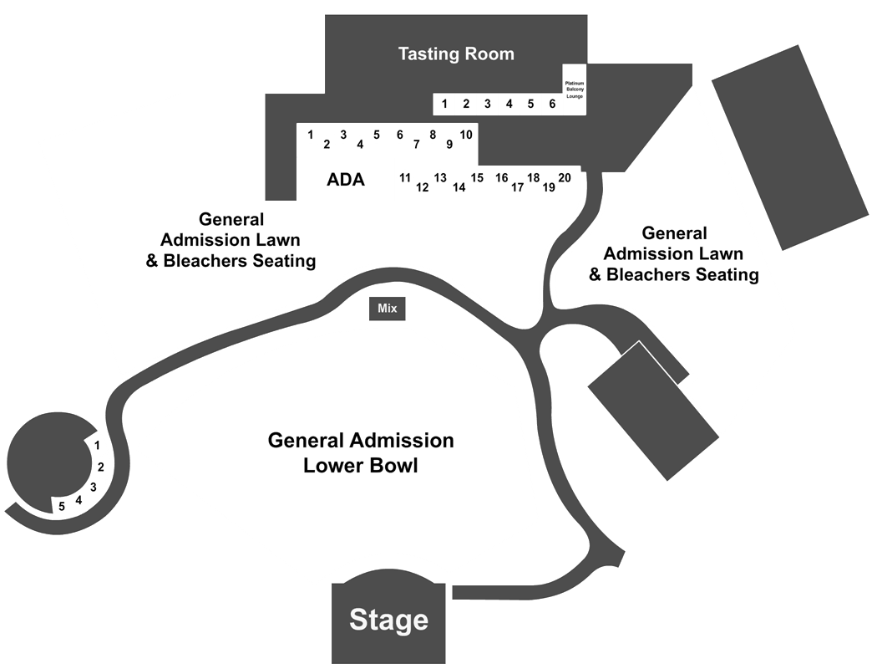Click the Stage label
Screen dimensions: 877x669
(388, 620)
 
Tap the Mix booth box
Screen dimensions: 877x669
(387, 309)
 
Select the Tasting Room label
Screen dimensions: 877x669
(456, 54)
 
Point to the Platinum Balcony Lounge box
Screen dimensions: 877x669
(575, 89)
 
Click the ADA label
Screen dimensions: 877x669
(346, 180)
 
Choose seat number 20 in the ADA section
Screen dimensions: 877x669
(565, 177)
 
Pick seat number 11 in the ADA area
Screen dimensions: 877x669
(405, 177)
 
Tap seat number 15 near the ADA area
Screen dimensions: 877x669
(477, 177)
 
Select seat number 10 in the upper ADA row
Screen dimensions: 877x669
(466, 135)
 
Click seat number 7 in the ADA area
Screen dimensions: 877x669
(416, 145)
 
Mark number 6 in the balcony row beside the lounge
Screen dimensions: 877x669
(552, 104)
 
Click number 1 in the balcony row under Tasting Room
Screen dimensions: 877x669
(444, 104)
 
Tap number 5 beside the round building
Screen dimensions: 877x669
(62, 507)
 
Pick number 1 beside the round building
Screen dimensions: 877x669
(98, 446)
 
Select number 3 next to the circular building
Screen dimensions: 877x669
(94, 487)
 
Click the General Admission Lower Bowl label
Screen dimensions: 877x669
(361, 453)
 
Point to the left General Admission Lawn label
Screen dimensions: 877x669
(231, 240)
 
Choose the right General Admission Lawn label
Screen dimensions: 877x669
(673, 253)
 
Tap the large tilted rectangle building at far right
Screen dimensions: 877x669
(790, 147)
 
